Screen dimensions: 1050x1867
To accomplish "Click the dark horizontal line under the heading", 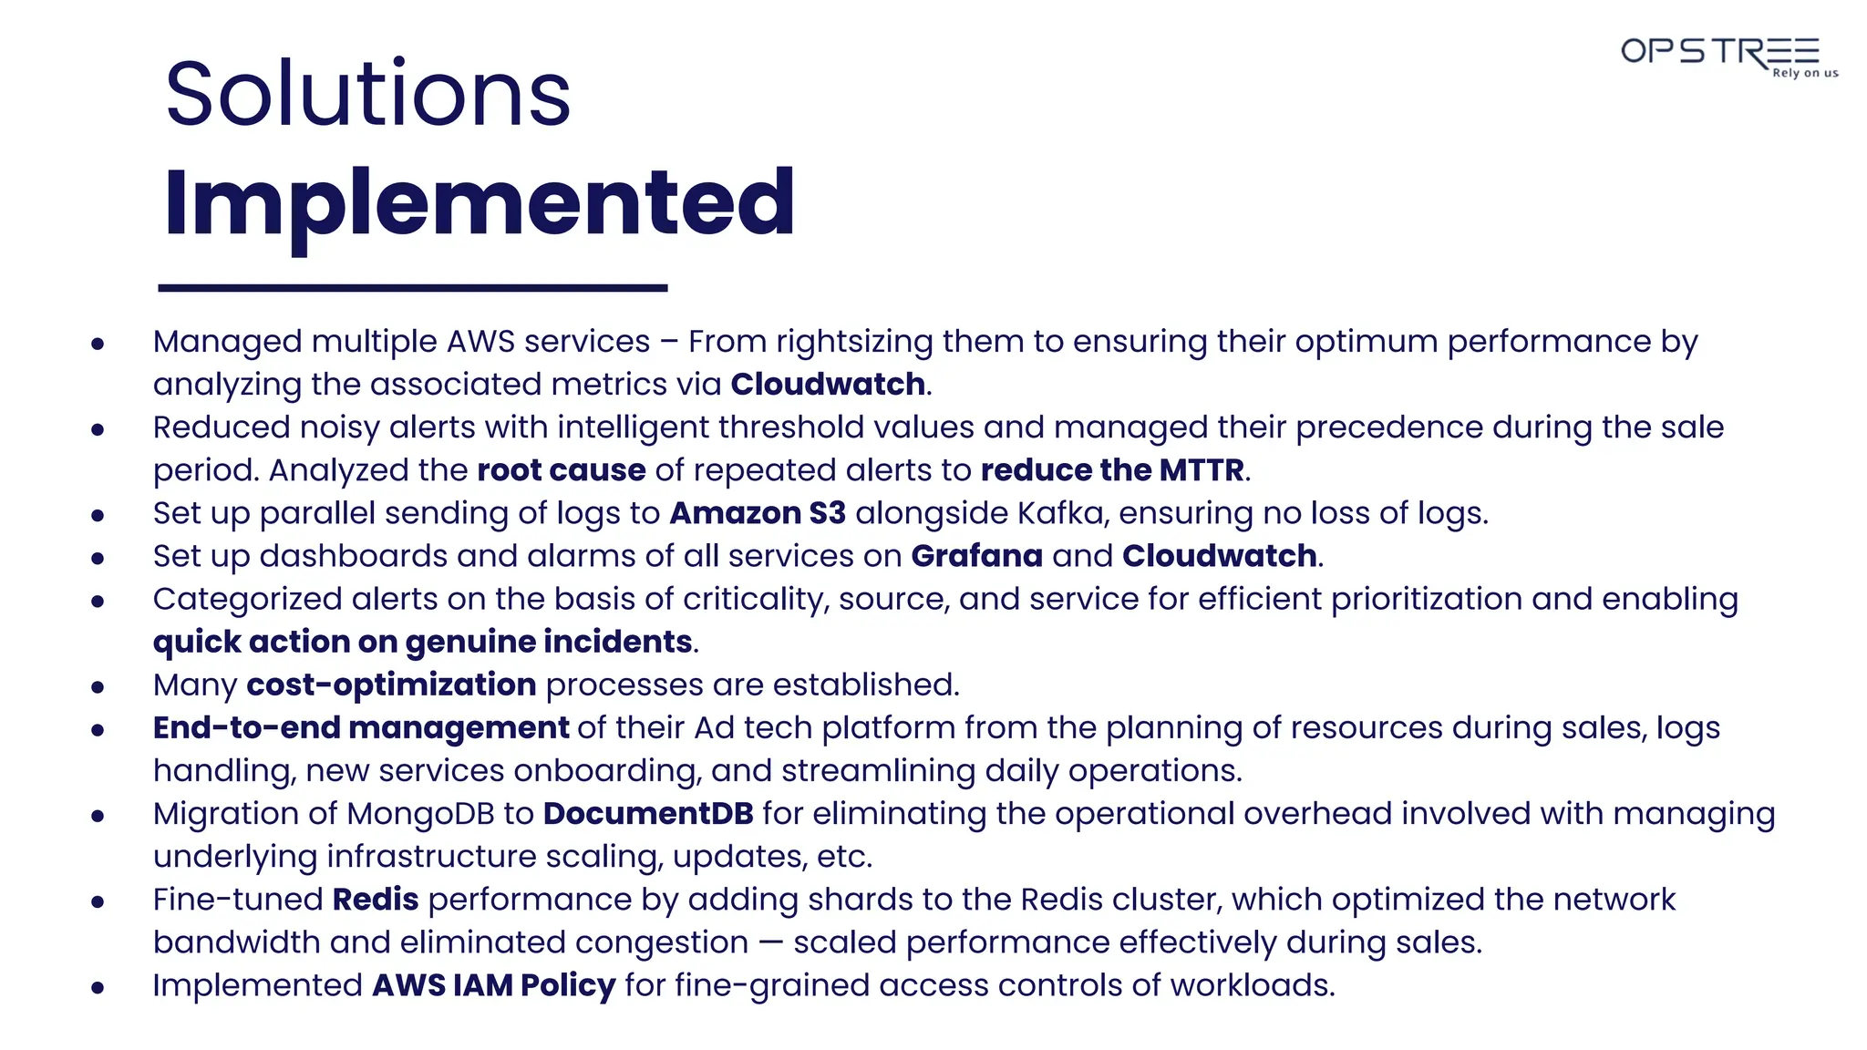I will coord(413,288).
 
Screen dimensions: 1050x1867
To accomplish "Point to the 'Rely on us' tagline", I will coord(1805,73).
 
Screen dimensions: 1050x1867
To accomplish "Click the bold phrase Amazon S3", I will coord(758,513).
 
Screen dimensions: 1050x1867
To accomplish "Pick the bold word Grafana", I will coord(976,556).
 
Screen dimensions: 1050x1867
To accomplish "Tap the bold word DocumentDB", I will coord(648,814).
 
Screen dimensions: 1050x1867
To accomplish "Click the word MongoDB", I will coord(420,814).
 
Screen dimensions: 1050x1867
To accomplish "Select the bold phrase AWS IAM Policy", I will coord(494,985).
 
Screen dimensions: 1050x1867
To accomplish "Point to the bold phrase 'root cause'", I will coord(562,470).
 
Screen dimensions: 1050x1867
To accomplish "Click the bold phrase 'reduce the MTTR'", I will coord(1112,470).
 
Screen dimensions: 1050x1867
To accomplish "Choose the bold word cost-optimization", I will coord(391,685).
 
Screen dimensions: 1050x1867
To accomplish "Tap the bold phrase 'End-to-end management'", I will coord(361,728).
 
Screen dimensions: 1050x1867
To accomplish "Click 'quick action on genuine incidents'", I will coord(422,643).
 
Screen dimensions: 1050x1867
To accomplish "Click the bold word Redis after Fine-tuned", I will coord(376,900).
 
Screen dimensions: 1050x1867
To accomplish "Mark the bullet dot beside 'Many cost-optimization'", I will coord(98,687).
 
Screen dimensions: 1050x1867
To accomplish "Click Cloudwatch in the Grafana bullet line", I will coord(1219,556).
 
